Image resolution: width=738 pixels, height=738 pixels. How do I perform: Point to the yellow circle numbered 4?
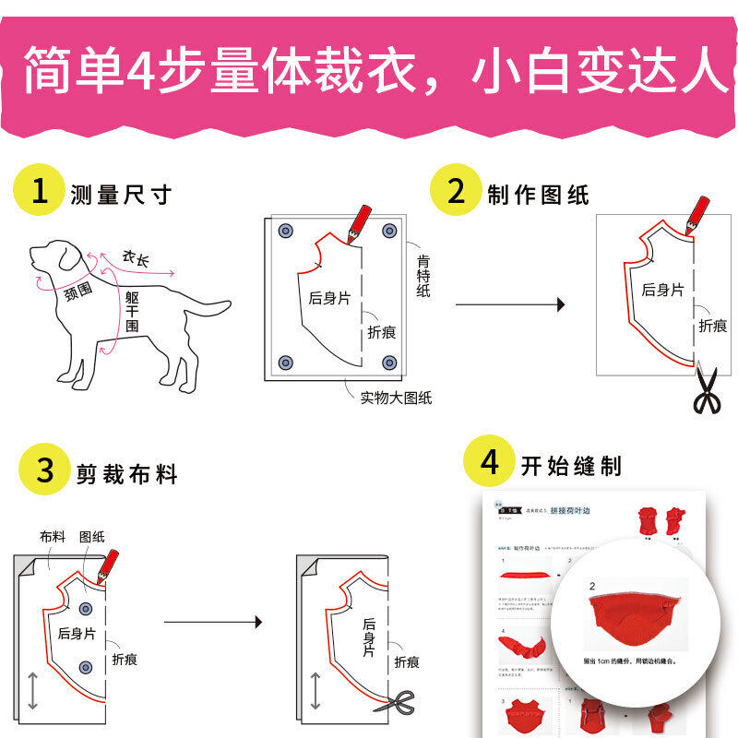coord(490,463)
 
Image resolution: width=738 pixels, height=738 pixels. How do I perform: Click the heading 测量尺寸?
coord(121,195)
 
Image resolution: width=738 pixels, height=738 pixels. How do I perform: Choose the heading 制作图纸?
coord(538,195)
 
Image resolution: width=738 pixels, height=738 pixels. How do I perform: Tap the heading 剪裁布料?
coord(127,474)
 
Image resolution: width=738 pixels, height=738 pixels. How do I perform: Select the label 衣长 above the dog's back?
coord(137,260)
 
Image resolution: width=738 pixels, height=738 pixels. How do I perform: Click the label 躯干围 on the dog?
coord(133,311)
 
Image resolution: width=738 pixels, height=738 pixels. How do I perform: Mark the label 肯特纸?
coord(423,275)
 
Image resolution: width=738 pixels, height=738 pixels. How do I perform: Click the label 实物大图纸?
coord(396,399)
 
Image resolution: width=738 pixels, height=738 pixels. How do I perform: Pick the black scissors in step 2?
coord(708,391)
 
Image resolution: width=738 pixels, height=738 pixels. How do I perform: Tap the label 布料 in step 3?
coord(53,536)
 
